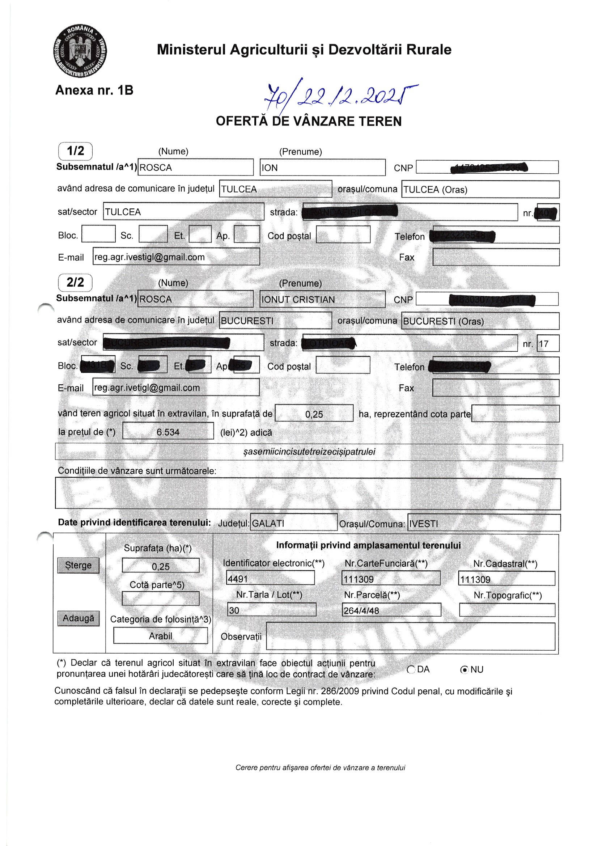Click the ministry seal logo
point(80,51)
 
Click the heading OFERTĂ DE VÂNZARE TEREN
point(308,121)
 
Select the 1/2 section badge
point(75,151)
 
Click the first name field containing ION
point(322,168)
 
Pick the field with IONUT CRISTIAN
point(322,299)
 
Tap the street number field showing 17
point(547,344)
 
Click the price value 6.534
point(168,432)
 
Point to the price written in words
point(309,452)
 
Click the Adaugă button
point(79,618)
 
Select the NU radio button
point(465,669)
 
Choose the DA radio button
point(411,669)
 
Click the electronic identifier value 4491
point(270,579)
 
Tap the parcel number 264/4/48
point(391,610)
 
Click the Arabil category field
point(160,636)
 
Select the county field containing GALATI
point(293,523)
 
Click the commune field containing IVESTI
point(484,523)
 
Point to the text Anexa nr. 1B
point(94,90)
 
